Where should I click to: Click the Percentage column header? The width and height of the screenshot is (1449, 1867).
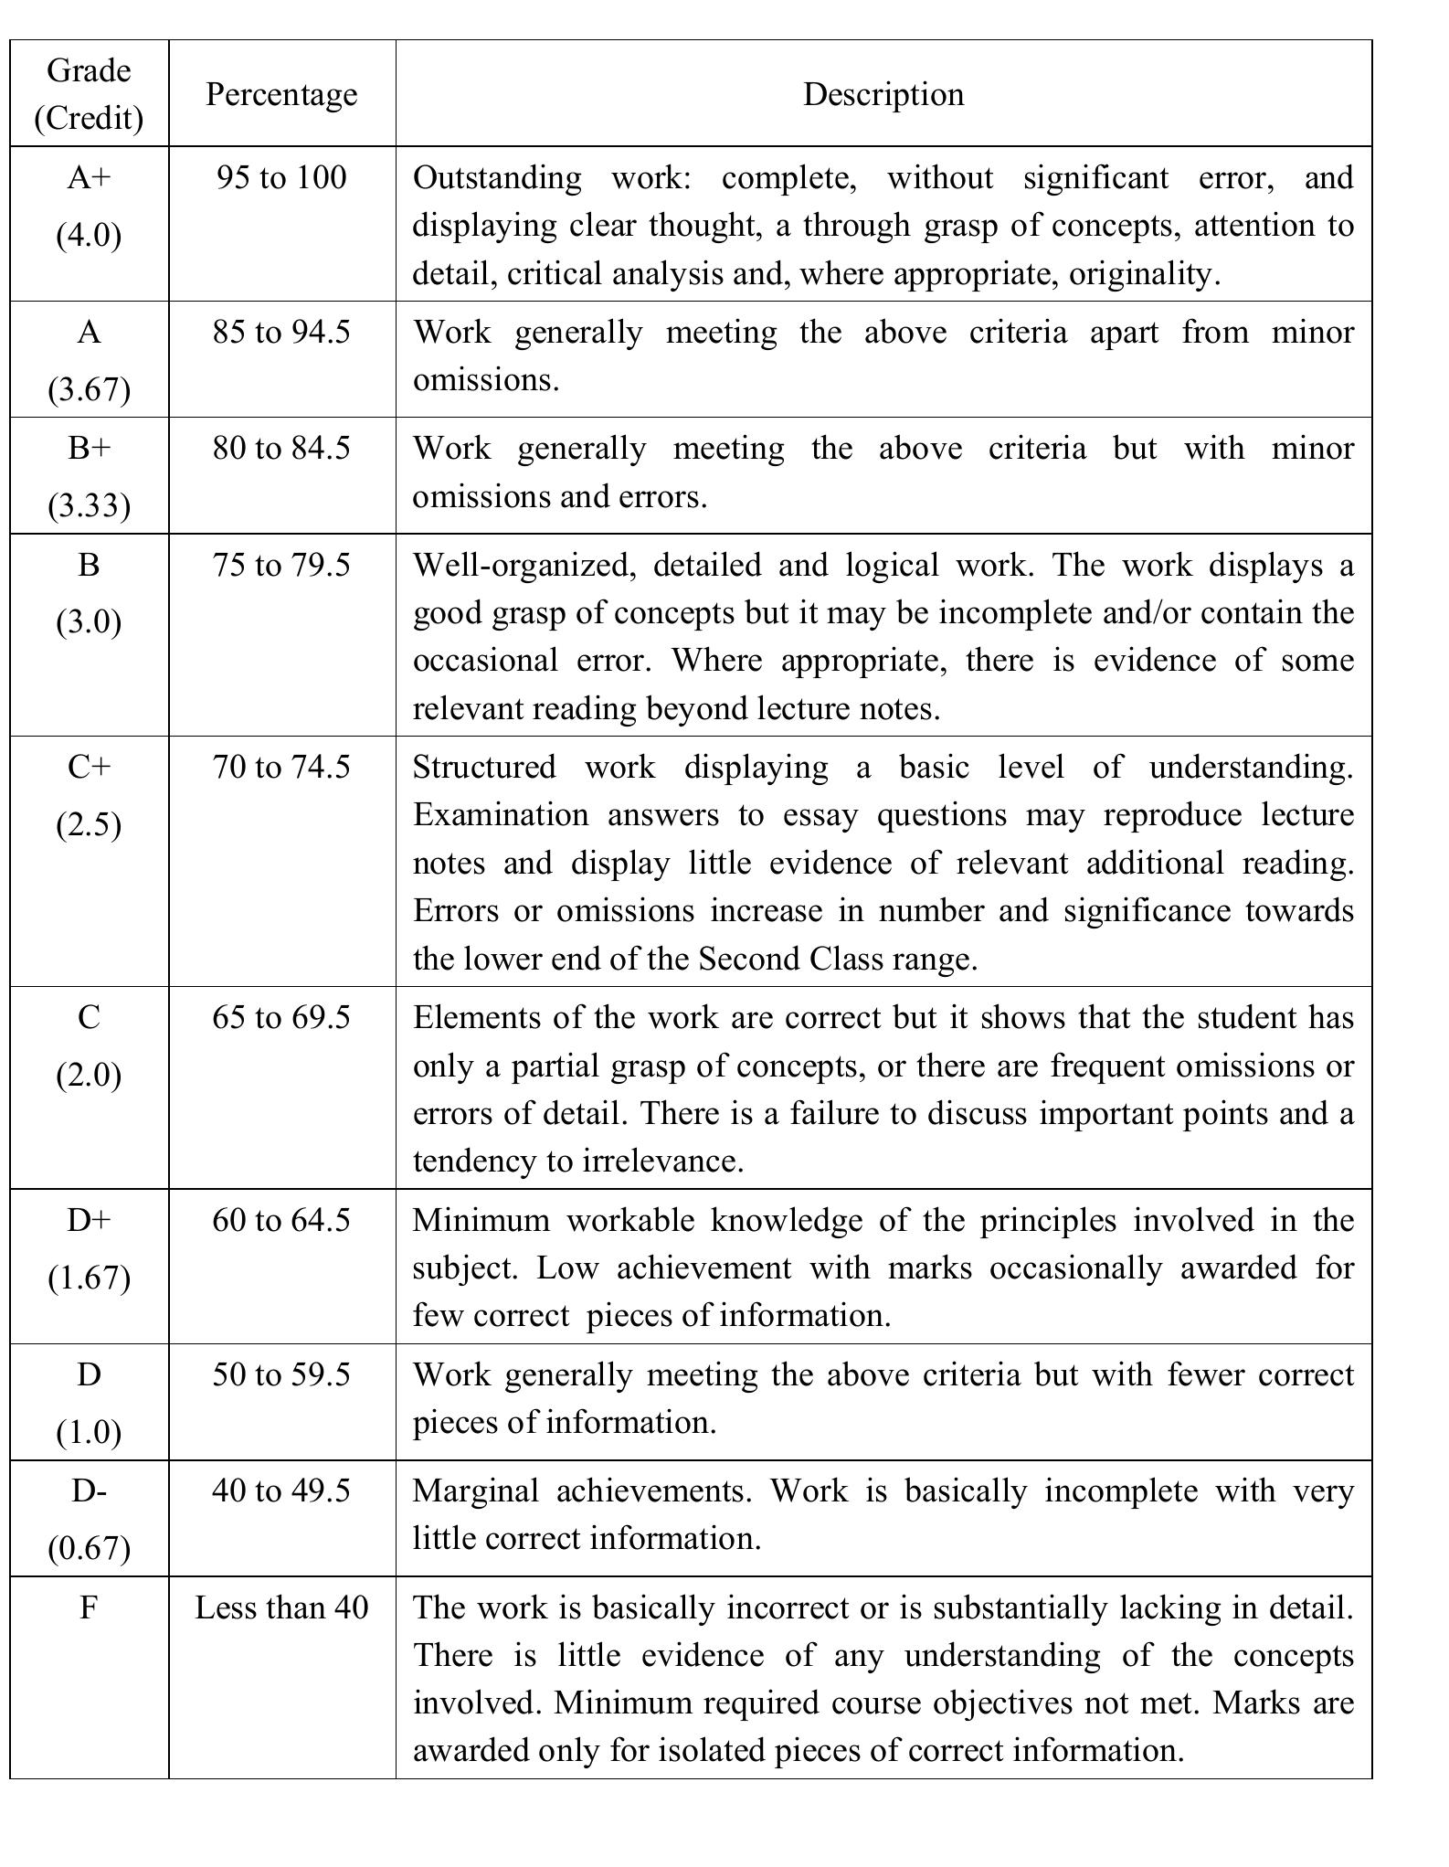pos(281,94)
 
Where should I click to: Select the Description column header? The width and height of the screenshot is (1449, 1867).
pos(883,94)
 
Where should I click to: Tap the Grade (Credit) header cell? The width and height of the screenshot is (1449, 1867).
pos(89,94)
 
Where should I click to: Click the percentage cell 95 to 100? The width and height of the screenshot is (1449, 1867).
pos(281,177)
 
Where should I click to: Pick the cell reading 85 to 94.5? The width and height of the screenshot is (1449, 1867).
pos(281,332)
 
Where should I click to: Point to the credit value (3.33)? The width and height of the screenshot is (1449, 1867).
pos(89,505)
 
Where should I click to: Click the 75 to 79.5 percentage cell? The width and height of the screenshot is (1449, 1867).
pos(281,565)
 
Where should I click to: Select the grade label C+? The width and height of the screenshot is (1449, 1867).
pos(89,767)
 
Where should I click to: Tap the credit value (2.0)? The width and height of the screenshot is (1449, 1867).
pos(89,1075)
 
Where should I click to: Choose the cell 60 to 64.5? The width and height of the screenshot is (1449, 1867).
pos(281,1220)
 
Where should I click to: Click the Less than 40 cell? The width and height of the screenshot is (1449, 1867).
pos(281,1607)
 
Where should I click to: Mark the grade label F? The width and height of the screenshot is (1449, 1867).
pos(89,1607)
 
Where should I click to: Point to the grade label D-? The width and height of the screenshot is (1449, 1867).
pos(89,1490)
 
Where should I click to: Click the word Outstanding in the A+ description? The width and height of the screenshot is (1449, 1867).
pos(496,177)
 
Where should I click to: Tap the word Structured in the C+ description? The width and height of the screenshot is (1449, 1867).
pos(483,767)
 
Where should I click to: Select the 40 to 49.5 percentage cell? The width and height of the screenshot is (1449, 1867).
pos(281,1490)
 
